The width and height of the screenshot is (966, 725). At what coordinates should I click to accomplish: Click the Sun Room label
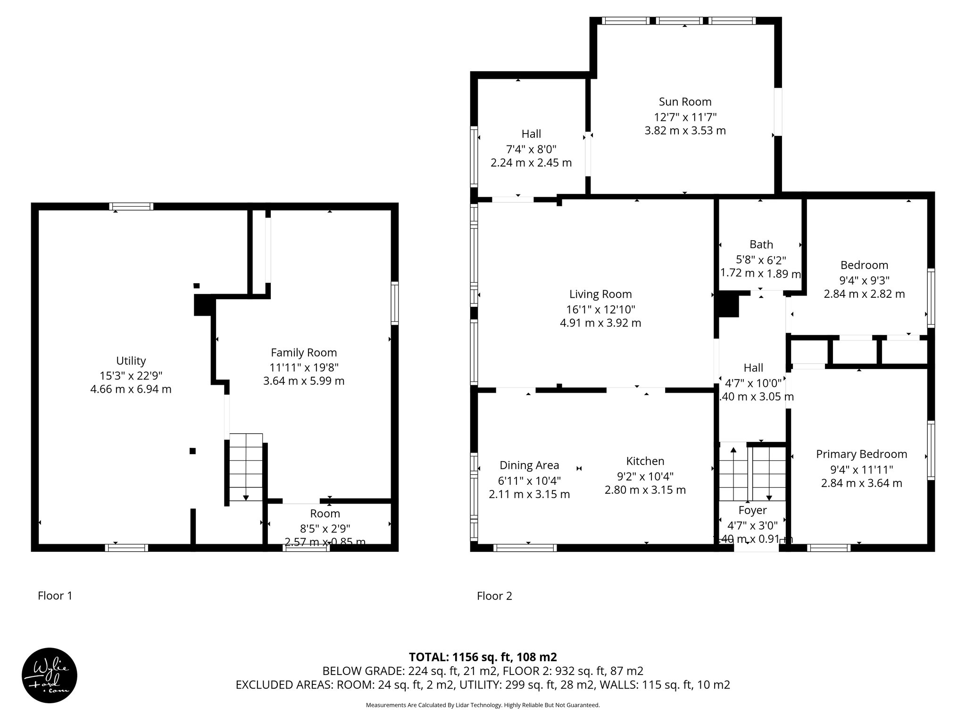coord(685,101)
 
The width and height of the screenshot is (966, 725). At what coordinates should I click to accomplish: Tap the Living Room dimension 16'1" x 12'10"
coord(600,310)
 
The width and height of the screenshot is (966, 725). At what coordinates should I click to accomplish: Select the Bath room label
coord(761,244)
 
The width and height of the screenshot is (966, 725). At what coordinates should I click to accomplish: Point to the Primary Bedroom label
coord(861,454)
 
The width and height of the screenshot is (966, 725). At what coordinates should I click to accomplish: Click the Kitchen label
coord(645,461)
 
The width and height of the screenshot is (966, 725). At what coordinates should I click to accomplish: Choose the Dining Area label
coord(529,465)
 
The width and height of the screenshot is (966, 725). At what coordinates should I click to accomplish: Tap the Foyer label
coord(752,510)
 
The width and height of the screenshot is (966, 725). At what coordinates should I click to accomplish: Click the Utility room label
coord(131,361)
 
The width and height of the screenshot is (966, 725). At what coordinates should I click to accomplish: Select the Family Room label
coord(304,353)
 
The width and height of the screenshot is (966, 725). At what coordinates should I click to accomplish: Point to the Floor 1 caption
coord(55,596)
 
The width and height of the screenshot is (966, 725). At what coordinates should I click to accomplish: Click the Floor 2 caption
coord(494,596)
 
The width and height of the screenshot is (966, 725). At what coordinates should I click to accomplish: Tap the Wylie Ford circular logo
coord(50,675)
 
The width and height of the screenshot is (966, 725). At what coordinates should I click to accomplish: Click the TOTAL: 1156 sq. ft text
coord(483,657)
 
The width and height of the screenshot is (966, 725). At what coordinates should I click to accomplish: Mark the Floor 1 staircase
coord(245,467)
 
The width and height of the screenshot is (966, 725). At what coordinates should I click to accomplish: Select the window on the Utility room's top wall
coord(131,206)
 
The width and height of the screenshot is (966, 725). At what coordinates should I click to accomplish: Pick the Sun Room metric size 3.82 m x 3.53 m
coord(685,131)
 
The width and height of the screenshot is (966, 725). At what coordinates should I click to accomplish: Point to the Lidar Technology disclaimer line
coord(483,705)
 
